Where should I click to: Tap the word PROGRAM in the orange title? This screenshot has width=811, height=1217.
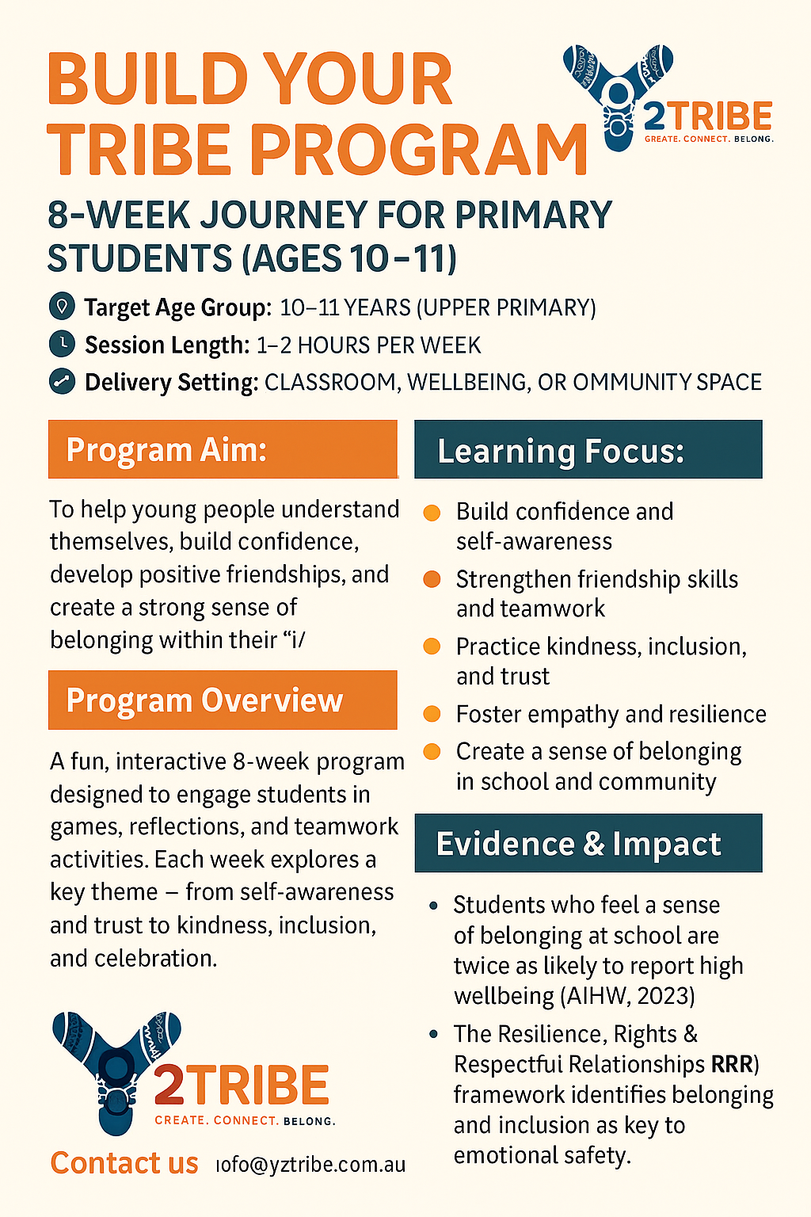coord(419,151)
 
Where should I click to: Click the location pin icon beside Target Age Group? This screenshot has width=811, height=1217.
coord(61,306)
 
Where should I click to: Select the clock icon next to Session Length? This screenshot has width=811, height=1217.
coord(61,344)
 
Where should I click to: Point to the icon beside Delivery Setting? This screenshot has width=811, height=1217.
coord(61,381)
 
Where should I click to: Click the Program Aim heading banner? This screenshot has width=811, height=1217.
coord(223,449)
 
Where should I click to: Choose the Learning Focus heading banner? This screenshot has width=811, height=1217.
coord(588,450)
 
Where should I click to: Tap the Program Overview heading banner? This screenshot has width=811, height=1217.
coord(223,700)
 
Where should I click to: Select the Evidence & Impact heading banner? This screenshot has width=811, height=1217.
coord(588,843)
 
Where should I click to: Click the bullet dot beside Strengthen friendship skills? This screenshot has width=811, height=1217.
coord(432,579)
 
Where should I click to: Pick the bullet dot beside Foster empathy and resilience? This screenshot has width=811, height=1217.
coord(432,714)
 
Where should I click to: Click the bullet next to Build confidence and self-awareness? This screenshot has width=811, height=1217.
coord(432,513)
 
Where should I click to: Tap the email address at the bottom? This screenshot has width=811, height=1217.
coord(311,1165)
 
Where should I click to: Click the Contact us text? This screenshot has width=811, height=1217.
coord(124,1163)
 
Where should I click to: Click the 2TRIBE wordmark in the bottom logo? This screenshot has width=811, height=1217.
coord(241,1085)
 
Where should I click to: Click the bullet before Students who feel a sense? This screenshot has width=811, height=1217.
coord(433,905)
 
